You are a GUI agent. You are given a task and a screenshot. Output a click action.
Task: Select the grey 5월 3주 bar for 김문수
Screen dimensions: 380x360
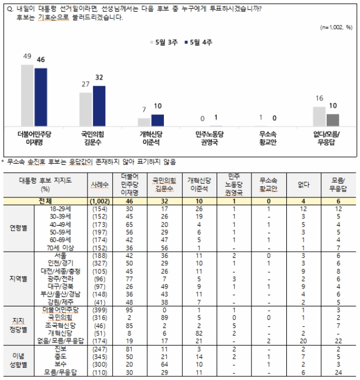pos(86,110)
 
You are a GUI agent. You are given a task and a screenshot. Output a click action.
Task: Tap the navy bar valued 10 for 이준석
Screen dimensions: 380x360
pos(158,120)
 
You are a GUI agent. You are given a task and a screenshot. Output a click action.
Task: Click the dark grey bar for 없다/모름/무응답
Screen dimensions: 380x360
pos(333,120)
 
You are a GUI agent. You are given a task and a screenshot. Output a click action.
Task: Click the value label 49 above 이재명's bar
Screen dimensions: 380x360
pos(27,57)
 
